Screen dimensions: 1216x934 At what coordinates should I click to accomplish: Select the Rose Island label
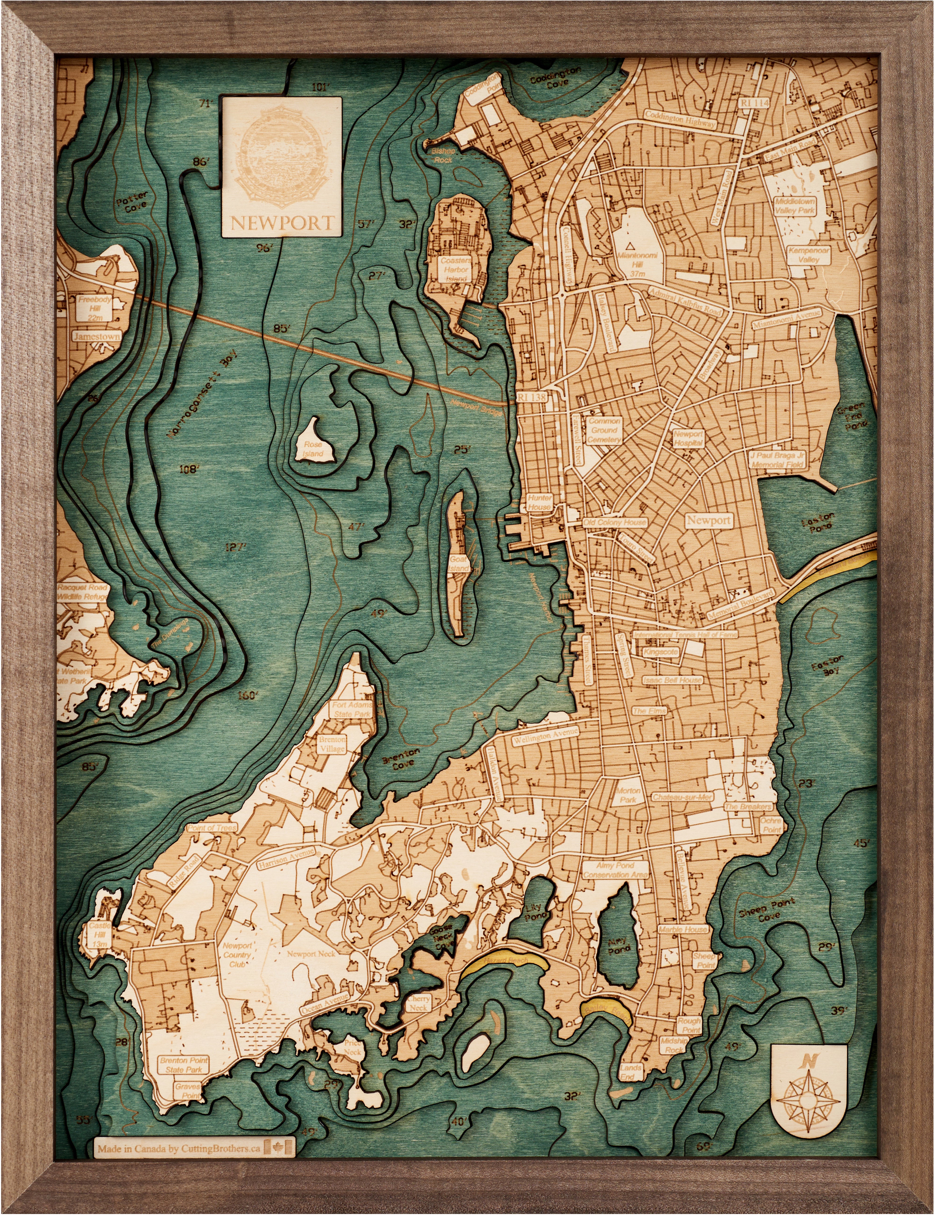click(313, 449)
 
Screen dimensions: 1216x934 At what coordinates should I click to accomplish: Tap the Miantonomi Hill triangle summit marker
click(630, 245)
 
